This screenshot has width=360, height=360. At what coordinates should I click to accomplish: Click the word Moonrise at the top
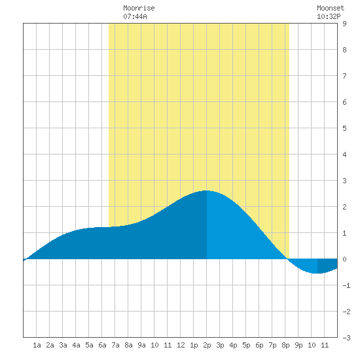139,8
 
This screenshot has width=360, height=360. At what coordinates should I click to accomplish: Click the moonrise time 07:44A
135,16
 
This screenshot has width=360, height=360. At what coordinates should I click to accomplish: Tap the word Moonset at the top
331,8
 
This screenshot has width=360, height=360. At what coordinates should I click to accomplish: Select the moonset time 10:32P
329,16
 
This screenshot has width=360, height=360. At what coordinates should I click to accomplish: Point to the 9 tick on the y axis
344,24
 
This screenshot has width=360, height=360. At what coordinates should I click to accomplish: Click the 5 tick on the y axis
344,128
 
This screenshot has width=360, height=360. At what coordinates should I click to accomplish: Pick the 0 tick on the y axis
344,259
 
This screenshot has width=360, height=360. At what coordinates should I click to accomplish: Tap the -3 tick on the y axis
346,338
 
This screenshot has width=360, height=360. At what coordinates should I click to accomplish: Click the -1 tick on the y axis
346,285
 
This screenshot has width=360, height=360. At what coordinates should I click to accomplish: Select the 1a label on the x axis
37,345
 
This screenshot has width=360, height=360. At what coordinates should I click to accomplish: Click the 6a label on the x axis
102,345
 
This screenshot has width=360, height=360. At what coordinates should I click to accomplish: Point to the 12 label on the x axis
181,345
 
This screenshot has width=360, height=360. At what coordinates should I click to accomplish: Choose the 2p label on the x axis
207,345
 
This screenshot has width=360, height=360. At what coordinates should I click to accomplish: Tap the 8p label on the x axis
285,345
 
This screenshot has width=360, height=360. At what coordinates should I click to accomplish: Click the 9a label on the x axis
141,345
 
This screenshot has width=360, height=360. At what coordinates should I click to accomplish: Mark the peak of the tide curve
206,190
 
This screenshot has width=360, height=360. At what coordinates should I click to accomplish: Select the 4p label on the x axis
233,345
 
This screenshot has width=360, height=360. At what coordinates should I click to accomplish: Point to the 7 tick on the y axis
344,76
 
